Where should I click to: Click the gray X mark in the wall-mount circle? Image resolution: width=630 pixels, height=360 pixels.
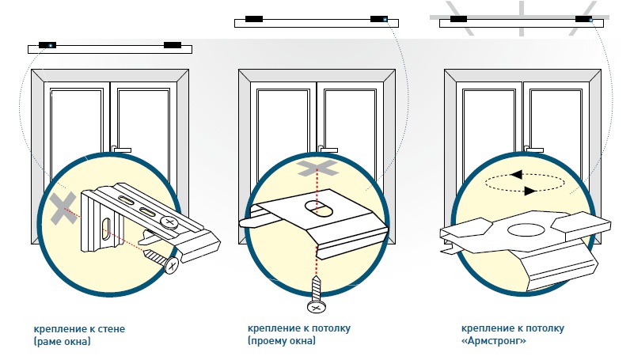click(x=63, y=208)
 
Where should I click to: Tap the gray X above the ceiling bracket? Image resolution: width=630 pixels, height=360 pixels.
click(x=317, y=168)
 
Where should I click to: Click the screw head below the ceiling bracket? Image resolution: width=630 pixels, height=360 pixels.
click(x=317, y=307)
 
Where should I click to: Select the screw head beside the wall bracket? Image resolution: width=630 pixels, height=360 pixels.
click(x=172, y=265)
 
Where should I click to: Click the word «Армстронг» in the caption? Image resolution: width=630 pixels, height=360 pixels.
click(x=494, y=341)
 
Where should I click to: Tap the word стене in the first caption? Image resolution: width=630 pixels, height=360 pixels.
click(x=111, y=329)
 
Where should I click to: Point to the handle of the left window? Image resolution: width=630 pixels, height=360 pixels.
click(x=121, y=150)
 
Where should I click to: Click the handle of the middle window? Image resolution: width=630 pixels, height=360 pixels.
click(x=328, y=150)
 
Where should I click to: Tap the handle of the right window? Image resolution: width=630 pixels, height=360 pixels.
click(x=533, y=150)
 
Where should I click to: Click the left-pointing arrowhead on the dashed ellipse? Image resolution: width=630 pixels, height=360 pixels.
click(x=516, y=175)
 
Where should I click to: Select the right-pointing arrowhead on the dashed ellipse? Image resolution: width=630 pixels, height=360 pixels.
click(x=530, y=191)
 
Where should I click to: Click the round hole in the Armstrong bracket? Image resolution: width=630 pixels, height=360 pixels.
click(x=526, y=229)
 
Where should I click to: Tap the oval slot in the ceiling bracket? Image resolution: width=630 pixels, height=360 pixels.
click(x=319, y=208)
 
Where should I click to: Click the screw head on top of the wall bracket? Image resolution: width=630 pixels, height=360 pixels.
click(x=169, y=222)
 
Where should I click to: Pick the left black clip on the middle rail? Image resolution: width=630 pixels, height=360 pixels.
click(x=254, y=19)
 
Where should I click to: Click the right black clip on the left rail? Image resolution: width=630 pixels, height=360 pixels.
click(x=173, y=45)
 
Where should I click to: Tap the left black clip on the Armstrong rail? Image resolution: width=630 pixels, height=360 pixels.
click(x=458, y=19)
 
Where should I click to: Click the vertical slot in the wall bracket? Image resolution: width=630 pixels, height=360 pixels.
click(x=107, y=229)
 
